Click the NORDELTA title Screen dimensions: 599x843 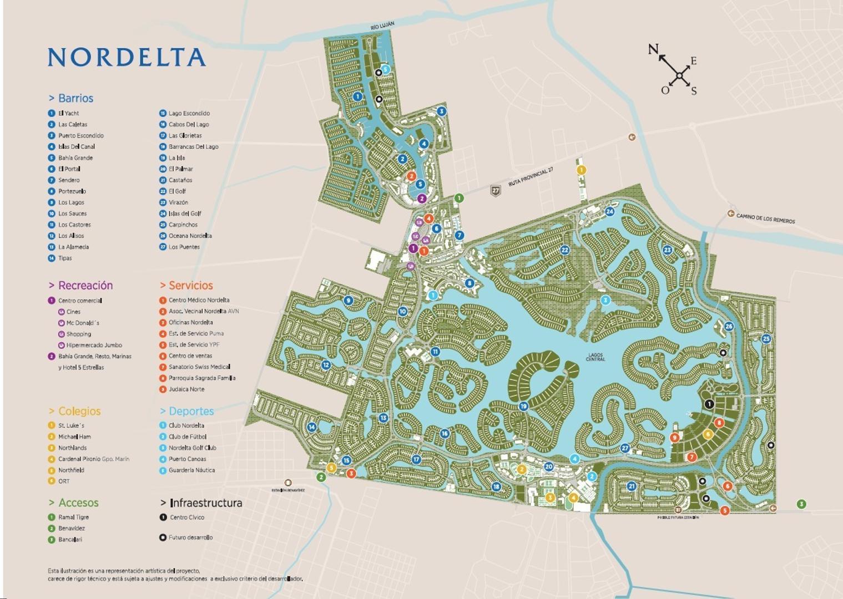click(127, 57)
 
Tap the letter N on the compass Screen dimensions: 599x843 click(653, 49)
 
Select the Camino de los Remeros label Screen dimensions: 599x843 click(765, 219)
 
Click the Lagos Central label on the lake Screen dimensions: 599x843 click(595, 357)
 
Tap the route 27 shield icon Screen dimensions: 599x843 click(496, 191)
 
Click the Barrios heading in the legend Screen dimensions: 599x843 click(75, 98)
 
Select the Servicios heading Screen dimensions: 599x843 click(190, 286)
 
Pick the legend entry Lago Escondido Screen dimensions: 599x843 click(189, 113)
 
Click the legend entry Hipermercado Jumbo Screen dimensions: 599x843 click(94, 345)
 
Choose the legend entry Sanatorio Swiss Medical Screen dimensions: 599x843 click(199, 367)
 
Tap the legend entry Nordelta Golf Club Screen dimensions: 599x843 click(193, 448)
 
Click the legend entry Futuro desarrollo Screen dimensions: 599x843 click(190, 537)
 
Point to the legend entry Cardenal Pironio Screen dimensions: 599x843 click(79, 459)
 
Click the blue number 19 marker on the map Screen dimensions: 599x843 click(523, 407)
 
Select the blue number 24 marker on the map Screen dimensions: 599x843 click(609, 211)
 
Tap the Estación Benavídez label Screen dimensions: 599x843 click(288, 490)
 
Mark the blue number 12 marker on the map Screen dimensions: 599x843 click(326, 365)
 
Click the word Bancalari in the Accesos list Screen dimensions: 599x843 click(70, 540)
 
